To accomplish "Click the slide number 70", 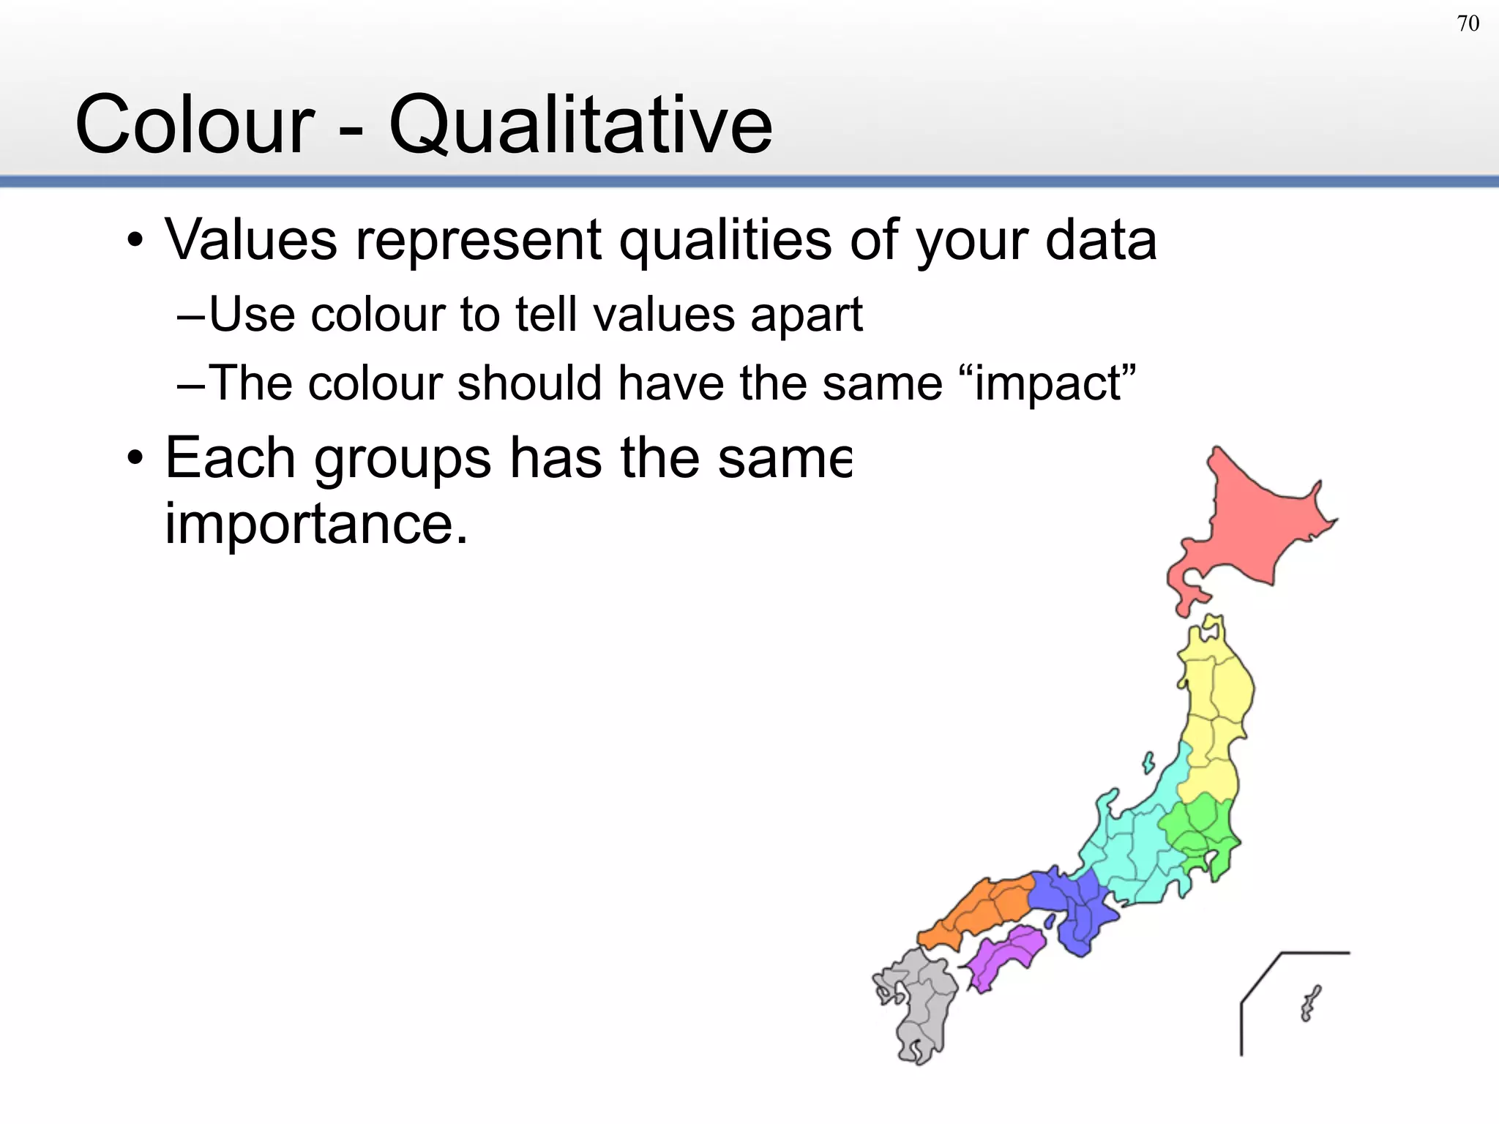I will pos(1468,24).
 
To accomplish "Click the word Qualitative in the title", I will pos(580,125).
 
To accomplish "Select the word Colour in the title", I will pos(195,125).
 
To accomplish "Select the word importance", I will pos(315,524).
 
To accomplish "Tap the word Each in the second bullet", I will pos(230,458).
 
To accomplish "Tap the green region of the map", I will pos(1200,827).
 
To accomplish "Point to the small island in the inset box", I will pos(1309,1003).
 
